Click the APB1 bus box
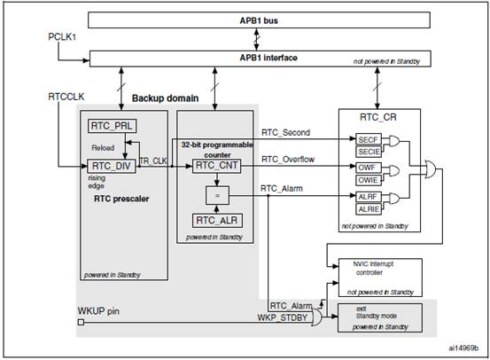tap(259, 20)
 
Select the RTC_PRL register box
tap(112, 126)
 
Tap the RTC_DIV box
tap(112, 166)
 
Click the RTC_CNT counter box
tap(216, 166)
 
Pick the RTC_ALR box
tap(217, 221)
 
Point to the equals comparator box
tap(217, 195)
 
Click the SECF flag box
tap(369, 139)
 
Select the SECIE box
tap(369, 152)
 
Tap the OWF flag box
tap(369, 168)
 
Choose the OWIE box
tap(369, 180)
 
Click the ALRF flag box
tap(369, 197)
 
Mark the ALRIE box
tap(369, 209)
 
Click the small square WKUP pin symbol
tap(81, 322)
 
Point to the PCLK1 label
tap(62, 37)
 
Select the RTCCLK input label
tap(66, 97)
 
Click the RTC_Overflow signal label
tap(288, 160)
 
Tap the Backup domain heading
tap(166, 98)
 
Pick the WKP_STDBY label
tap(283, 317)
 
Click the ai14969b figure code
tap(463, 348)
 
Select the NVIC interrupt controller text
tap(373, 269)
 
